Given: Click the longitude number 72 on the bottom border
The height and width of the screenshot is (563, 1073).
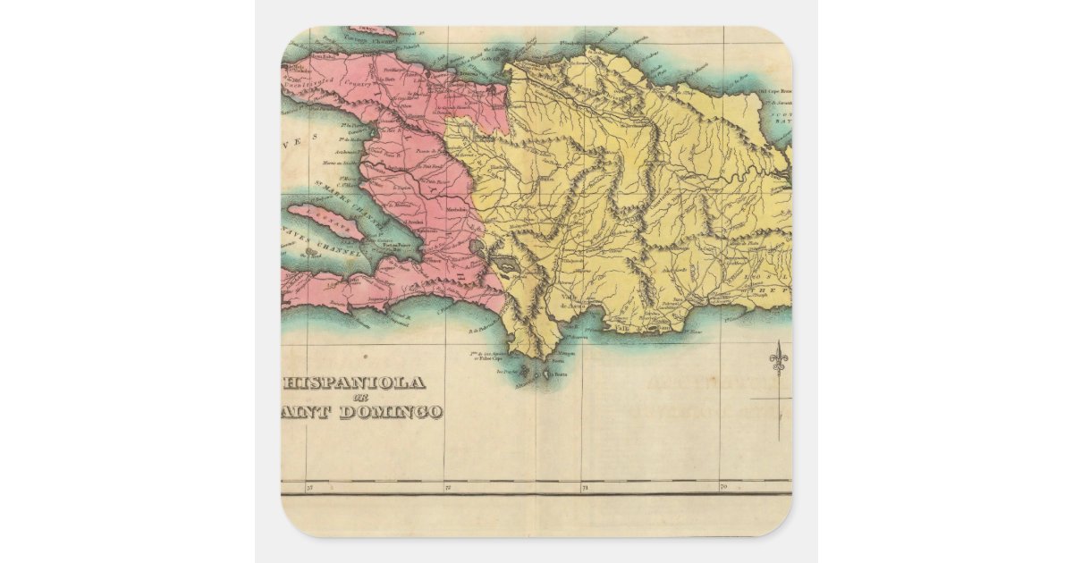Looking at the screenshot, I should (x=447, y=489).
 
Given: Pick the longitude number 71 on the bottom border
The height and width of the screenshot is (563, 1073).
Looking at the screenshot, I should (x=585, y=489).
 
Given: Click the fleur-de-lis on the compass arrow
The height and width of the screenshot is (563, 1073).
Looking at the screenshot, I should (x=778, y=360).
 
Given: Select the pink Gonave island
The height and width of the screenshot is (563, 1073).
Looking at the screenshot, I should (x=325, y=223).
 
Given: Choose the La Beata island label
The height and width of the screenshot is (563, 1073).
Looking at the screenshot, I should (x=560, y=374).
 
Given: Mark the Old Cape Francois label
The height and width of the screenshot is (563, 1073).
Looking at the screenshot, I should (x=774, y=91).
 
